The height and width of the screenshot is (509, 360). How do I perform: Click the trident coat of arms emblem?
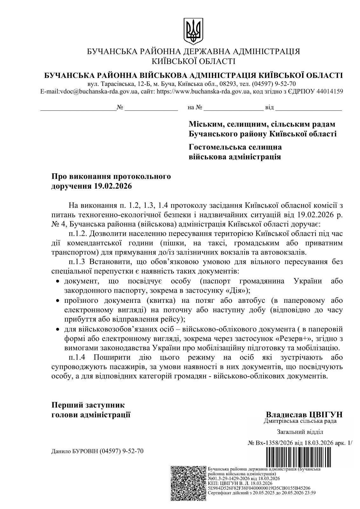coord(193,31)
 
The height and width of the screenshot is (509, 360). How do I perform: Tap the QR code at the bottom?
coord(189,483)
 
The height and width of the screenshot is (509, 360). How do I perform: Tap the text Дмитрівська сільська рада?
coord(300,422)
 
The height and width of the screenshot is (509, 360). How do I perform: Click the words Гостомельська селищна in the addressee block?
coord(235,147)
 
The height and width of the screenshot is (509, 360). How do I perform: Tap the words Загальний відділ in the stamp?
coord(300,432)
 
